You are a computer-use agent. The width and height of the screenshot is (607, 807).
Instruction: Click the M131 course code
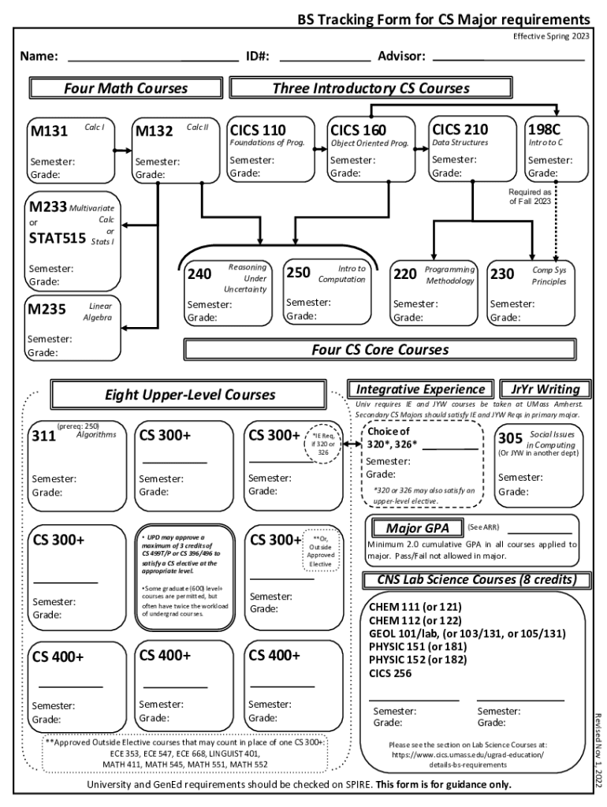click(x=49, y=132)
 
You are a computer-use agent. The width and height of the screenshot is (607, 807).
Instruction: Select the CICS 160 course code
click(x=358, y=130)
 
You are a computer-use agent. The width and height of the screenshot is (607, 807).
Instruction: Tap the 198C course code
click(x=545, y=129)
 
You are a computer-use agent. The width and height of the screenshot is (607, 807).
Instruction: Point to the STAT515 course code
click(x=57, y=237)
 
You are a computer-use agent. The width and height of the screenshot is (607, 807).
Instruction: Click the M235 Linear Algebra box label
click(x=47, y=310)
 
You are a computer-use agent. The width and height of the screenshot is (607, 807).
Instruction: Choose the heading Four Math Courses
click(x=126, y=88)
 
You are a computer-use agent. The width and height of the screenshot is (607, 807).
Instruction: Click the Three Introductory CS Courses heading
click(x=371, y=88)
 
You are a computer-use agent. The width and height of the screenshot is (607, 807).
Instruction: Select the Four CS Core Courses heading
click(x=379, y=349)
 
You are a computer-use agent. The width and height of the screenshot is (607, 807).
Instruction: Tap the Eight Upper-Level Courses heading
click(x=190, y=394)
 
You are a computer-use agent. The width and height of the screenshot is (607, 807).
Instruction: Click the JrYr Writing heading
click(x=545, y=389)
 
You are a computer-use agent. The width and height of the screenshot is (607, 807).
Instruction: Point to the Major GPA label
click(x=416, y=528)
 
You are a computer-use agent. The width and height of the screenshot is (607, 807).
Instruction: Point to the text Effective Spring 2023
click(x=550, y=36)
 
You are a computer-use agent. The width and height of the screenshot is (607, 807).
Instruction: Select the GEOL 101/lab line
click(x=467, y=633)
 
